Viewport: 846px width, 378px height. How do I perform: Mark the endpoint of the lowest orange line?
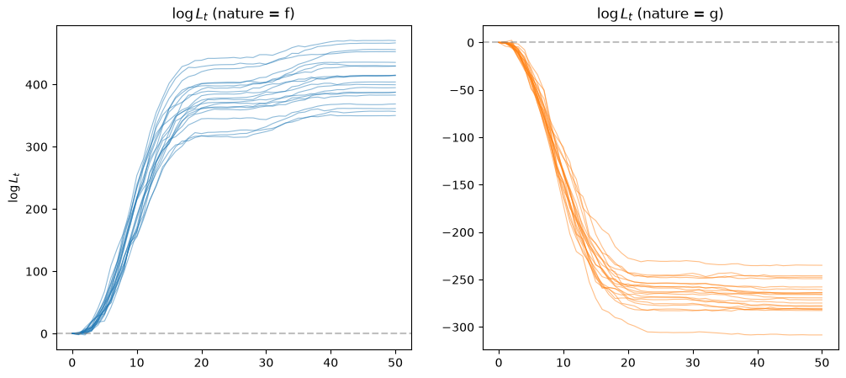822,335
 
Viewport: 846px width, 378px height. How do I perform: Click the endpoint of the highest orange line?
822,265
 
